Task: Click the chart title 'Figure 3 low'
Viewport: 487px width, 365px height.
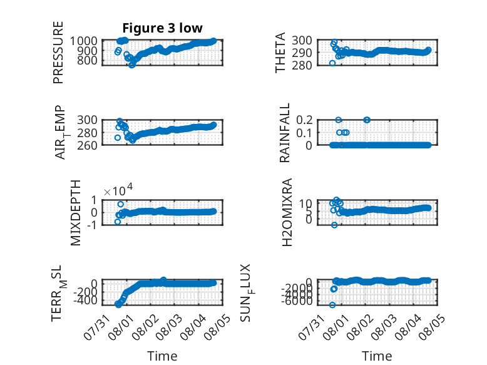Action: tap(162, 28)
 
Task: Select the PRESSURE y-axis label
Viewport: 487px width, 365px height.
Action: tap(58, 53)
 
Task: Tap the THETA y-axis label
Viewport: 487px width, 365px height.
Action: tap(280, 53)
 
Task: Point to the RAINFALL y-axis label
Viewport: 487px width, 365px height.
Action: tap(284, 133)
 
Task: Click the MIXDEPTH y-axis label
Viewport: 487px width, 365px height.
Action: tap(76, 213)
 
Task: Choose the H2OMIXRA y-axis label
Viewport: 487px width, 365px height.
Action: tap(287, 212)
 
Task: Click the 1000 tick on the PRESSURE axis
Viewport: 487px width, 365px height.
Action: tap(83, 41)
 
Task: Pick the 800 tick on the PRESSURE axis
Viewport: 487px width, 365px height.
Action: tap(87, 60)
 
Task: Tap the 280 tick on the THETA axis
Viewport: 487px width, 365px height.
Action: tap(302, 65)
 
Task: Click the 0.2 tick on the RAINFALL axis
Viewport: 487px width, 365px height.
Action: tap(304, 120)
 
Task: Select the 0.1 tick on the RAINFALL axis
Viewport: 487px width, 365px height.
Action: tap(304, 133)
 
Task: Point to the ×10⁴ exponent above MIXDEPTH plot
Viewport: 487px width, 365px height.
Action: tap(118, 190)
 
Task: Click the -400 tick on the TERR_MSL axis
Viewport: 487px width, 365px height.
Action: tap(85, 301)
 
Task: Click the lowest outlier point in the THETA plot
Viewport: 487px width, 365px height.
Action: tap(332, 63)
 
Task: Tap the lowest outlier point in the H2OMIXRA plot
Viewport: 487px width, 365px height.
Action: tap(334, 225)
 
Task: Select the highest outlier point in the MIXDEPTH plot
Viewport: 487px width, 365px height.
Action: tap(121, 204)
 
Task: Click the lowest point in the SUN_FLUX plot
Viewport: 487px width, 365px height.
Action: tap(332, 305)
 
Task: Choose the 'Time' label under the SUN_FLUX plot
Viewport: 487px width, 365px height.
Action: tap(377, 356)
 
